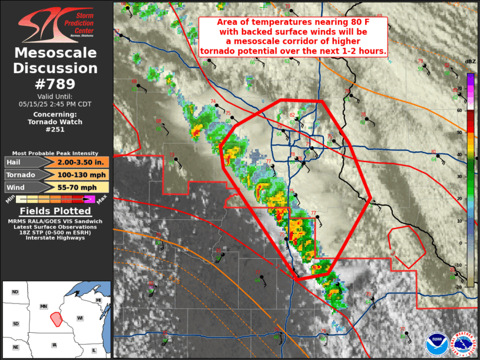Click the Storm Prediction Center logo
click(x=57, y=25)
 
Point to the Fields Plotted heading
click(x=55, y=211)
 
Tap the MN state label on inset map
click(x=43, y=306)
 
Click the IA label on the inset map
click(x=55, y=345)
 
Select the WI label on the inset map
click(x=79, y=318)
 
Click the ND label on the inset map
click(x=15, y=292)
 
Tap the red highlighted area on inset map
click(x=57, y=319)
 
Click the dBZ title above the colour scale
click(x=470, y=62)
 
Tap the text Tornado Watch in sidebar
click(x=55, y=122)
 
